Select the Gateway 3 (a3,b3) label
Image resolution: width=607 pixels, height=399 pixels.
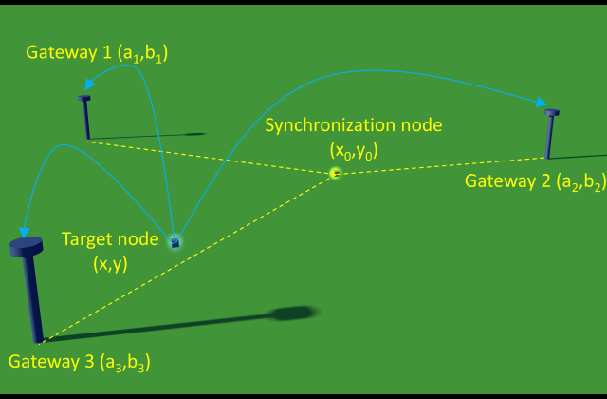(x=79, y=362)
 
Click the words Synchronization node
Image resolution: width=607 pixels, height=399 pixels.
(x=353, y=125)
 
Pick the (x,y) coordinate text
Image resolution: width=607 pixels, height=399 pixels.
(x=109, y=264)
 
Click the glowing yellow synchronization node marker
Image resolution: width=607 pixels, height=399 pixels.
(x=335, y=173)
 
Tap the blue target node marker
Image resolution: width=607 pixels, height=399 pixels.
(x=175, y=242)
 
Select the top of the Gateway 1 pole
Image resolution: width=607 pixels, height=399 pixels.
(x=84, y=98)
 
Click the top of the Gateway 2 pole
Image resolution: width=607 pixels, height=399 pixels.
(x=552, y=113)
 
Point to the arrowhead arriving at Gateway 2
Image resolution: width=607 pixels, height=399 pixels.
(x=542, y=103)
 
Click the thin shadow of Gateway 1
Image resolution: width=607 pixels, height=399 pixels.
(x=152, y=136)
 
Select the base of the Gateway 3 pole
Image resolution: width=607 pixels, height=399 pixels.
(x=38, y=339)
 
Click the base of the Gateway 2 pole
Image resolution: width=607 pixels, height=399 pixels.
(x=547, y=157)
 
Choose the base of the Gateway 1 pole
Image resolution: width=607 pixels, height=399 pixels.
(x=87, y=139)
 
